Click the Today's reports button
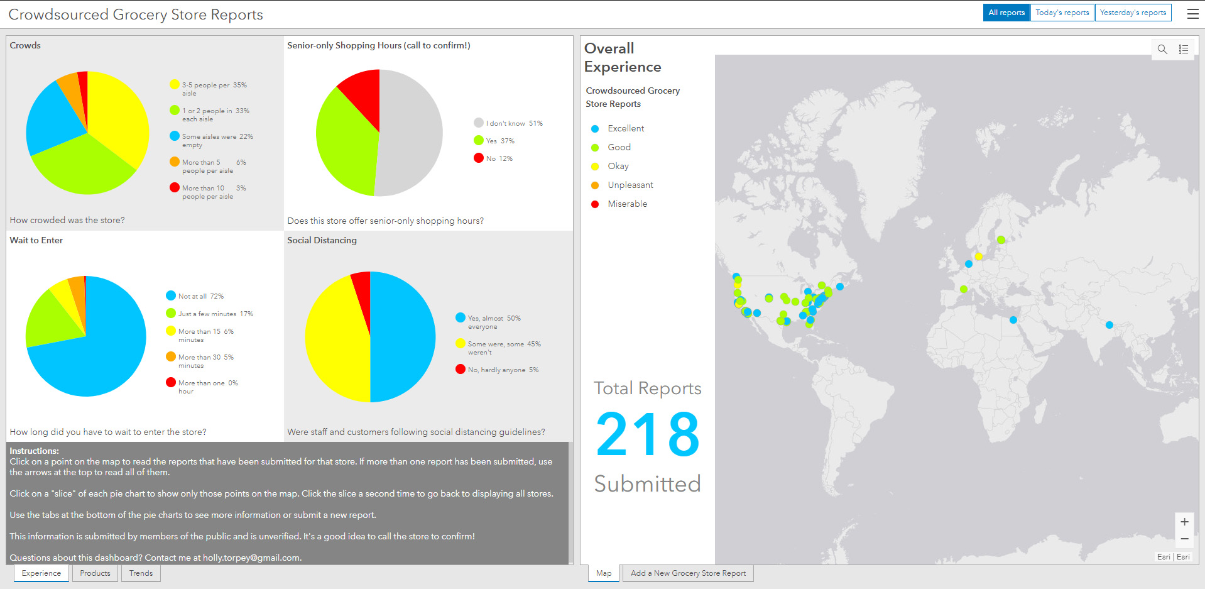tap(1062, 13)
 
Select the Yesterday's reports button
tap(1133, 13)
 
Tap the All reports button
tap(1006, 13)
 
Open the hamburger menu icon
tap(1192, 14)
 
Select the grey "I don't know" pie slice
tap(412, 132)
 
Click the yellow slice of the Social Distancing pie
tap(333, 339)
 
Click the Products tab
tap(95, 573)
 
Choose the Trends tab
tap(141, 573)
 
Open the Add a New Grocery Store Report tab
tap(688, 573)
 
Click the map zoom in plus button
tap(1184, 522)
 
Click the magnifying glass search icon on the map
tap(1162, 49)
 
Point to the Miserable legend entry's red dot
tap(595, 204)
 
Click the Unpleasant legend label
tap(630, 185)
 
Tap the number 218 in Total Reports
tap(647, 434)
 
